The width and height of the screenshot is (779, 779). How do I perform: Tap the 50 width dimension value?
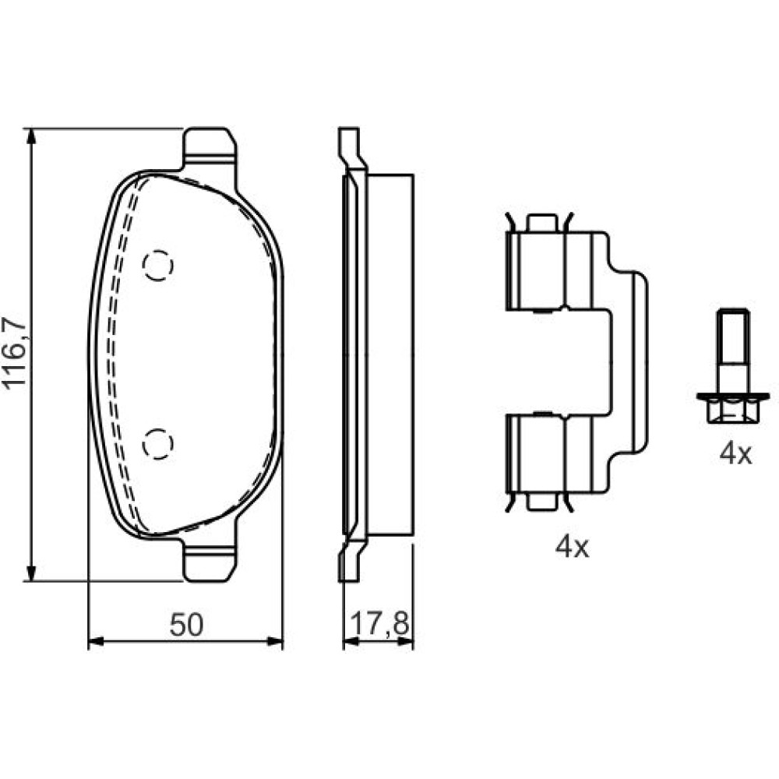pos(186,625)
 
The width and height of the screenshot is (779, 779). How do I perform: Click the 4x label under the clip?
pos(572,547)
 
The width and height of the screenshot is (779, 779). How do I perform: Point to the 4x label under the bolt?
pos(736,454)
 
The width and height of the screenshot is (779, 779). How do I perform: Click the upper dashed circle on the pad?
pos(158,266)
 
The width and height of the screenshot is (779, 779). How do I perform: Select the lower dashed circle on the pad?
pos(158,443)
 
